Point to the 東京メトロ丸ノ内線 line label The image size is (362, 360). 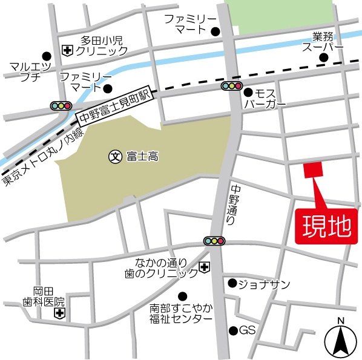[41, 157]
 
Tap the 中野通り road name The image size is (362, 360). [232, 205]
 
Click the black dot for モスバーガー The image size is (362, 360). [248, 92]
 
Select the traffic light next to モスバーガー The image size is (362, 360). [231, 87]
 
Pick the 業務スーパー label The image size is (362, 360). [323, 41]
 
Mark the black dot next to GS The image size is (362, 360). [232, 330]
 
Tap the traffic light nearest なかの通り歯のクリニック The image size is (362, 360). [214, 241]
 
